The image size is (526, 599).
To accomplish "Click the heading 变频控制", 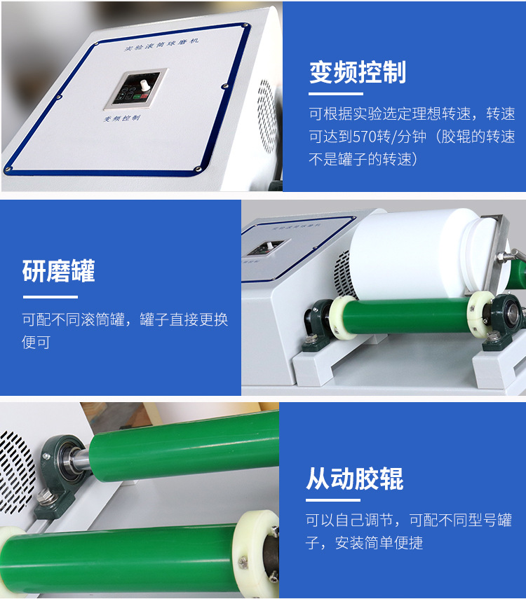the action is tap(357, 72).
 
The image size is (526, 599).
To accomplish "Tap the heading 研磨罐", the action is tap(58, 271).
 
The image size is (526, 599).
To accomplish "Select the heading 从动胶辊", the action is tap(354, 478).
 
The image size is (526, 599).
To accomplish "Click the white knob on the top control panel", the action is tap(144, 85).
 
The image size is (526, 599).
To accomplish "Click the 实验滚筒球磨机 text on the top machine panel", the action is tap(161, 44).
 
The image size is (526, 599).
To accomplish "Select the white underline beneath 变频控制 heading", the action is tap(336, 93).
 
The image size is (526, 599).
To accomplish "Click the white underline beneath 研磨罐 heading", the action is tap(50, 296).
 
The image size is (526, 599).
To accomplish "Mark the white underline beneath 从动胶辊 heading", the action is tap(333, 500).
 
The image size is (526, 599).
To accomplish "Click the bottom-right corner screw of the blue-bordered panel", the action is tap(198, 169).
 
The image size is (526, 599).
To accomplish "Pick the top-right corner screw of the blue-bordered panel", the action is tap(245, 26).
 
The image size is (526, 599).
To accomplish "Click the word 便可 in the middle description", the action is tap(36, 342).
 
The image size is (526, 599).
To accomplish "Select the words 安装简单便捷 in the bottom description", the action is tap(379, 542).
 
